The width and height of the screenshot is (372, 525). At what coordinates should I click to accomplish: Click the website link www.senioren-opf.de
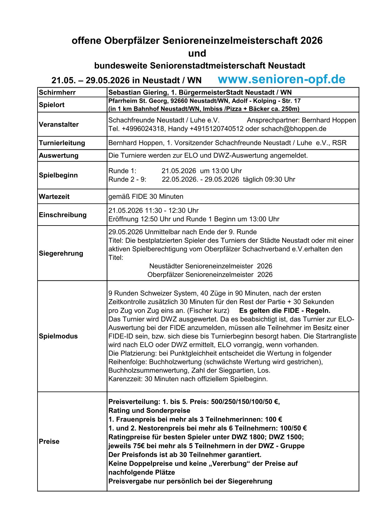click(x=281, y=79)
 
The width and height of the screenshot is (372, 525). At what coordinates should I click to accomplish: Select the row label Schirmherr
click(x=57, y=92)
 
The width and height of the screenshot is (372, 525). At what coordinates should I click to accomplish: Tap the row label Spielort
click(x=52, y=105)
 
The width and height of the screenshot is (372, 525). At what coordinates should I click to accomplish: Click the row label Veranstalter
click(x=59, y=124)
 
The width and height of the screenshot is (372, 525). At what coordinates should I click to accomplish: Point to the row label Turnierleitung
click(x=62, y=143)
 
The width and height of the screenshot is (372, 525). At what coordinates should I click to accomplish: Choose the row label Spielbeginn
click(x=58, y=175)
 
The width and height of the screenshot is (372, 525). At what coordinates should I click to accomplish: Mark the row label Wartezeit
click(x=54, y=197)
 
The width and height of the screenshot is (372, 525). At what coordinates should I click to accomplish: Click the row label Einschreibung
click(x=63, y=215)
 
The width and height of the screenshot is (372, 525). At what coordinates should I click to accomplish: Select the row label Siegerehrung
click(x=61, y=253)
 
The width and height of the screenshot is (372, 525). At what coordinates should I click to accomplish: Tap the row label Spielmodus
click(x=58, y=336)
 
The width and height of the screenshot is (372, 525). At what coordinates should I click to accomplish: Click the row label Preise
click(x=49, y=441)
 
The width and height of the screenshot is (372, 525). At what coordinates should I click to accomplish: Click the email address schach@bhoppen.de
click(x=294, y=129)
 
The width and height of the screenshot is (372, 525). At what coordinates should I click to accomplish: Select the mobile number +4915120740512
click(x=216, y=129)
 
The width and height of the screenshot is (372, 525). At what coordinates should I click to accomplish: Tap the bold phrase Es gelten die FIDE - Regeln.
click(x=284, y=310)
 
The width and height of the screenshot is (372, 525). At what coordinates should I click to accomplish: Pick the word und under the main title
click(x=197, y=53)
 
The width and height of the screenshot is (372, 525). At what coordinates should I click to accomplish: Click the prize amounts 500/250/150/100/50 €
click(x=245, y=402)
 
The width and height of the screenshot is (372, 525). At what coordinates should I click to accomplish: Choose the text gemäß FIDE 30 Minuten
click(x=146, y=197)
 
